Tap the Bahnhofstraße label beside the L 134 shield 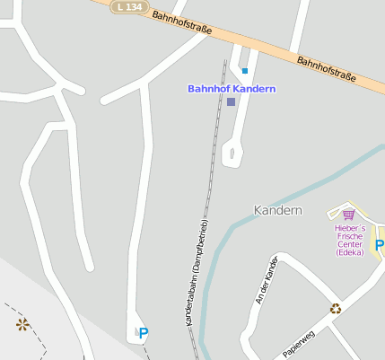(x=181, y=22)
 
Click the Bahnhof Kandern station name (x=231, y=89)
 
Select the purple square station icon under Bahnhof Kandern (x=231, y=102)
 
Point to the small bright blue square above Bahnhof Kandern (x=244, y=70)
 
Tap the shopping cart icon (x=348, y=215)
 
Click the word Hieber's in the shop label (x=349, y=228)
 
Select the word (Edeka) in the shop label (x=349, y=252)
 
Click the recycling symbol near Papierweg (x=335, y=308)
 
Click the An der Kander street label (x=266, y=279)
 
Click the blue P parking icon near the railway (x=143, y=333)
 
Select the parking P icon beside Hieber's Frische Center (x=380, y=245)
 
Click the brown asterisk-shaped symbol (x=22, y=324)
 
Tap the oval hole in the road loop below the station (x=232, y=154)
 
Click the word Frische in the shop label (x=349, y=236)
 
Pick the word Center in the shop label (x=349, y=244)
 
